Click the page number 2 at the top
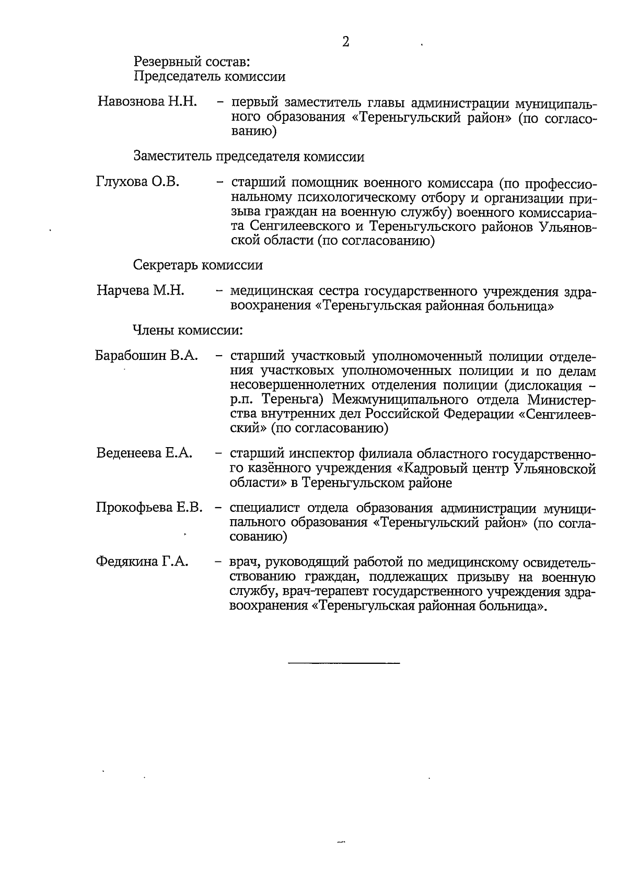pyautogui.click(x=345, y=42)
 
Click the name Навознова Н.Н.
pyautogui.click(x=147, y=101)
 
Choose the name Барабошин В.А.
pyautogui.click(x=146, y=356)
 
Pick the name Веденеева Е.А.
pyautogui.click(x=145, y=453)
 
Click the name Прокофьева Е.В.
pyautogui.click(x=149, y=507)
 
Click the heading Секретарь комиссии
pyautogui.click(x=198, y=265)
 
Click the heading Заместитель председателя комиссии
pyautogui.click(x=249, y=156)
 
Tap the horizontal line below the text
pyautogui.click(x=344, y=663)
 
